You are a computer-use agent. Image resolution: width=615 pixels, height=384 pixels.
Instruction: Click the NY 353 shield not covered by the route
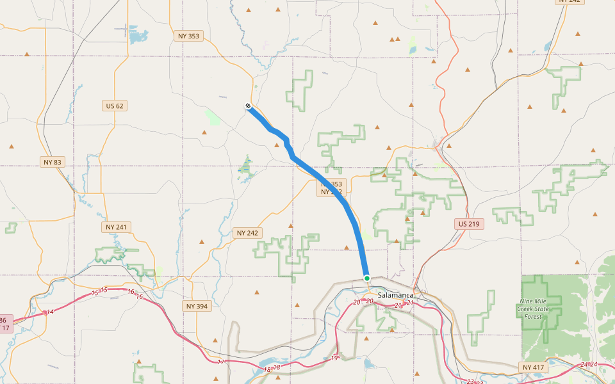coord(188,36)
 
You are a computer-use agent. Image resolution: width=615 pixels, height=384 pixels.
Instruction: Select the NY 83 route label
coord(52,162)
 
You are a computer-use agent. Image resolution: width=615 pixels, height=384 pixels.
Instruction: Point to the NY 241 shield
coord(116,227)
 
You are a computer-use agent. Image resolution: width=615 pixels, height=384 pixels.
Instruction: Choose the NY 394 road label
coord(197,306)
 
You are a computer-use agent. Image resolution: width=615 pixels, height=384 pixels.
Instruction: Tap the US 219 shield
coord(470,224)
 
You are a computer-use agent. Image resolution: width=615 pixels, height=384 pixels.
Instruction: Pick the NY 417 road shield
coord(533,367)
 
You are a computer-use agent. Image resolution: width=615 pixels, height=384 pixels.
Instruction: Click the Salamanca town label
coord(395,295)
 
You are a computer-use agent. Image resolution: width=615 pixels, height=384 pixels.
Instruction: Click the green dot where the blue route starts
coord(367,278)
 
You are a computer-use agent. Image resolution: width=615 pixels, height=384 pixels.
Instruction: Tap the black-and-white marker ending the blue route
coord(248,106)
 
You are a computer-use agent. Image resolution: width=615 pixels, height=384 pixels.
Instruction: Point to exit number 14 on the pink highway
coord(50,312)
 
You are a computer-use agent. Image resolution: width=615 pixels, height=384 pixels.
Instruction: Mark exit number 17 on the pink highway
coord(221,362)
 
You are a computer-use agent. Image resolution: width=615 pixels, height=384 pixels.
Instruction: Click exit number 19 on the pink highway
coord(334,358)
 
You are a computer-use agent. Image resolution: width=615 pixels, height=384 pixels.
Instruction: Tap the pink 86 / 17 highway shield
coord(4,324)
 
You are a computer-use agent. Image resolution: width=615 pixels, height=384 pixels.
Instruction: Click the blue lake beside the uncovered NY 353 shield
coord(138,36)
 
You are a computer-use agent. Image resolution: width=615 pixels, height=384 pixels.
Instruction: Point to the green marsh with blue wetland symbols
coord(245,166)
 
